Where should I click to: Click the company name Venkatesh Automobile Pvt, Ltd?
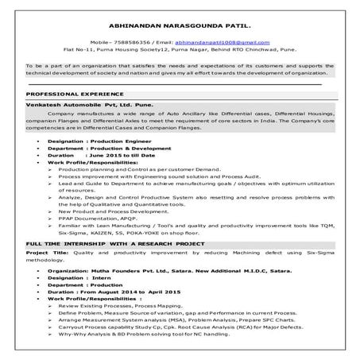coord(79,104)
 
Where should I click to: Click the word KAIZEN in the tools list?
coord(106,234)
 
